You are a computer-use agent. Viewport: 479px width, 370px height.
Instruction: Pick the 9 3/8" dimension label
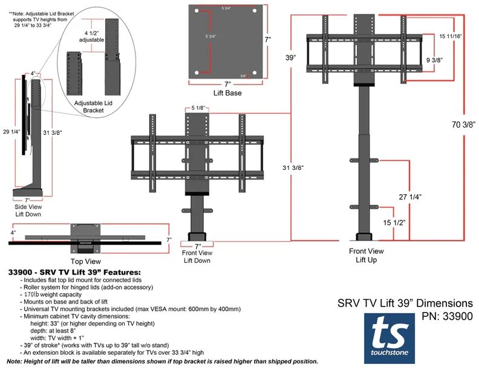435,60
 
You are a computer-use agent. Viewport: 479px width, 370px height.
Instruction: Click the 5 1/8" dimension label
200,108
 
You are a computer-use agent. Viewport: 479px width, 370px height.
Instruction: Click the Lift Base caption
227,93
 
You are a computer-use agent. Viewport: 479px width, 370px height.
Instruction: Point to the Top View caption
85,262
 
